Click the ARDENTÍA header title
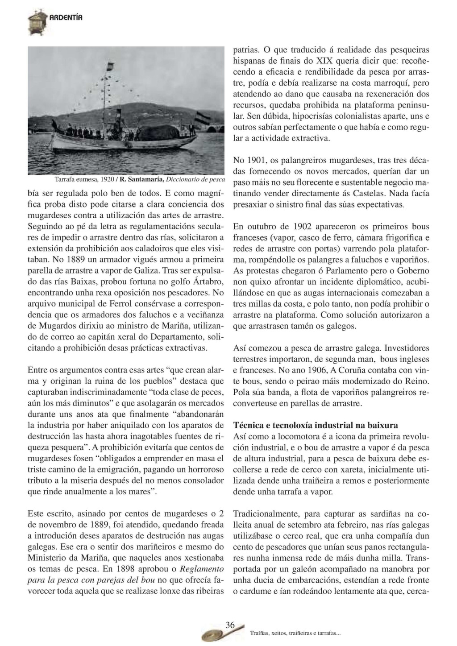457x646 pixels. coord(66,18)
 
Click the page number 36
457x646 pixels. coord(230,625)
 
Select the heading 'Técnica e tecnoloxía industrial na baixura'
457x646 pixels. coord(316,425)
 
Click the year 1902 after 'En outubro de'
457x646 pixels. coord(303,227)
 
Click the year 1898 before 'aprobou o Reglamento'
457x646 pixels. coord(126,569)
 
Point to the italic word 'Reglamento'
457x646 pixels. coord(201,569)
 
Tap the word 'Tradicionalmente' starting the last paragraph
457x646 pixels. coord(263,513)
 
